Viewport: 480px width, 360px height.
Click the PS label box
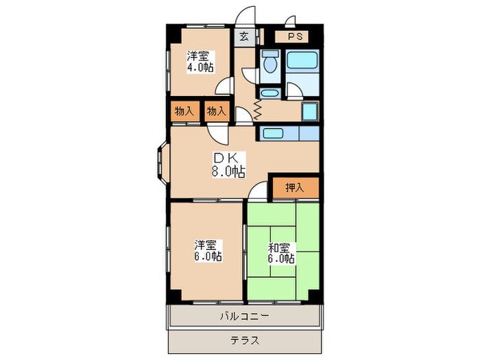click(x=291, y=36)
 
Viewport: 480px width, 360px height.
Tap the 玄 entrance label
click(x=244, y=37)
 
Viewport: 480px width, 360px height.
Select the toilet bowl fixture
click(x=270, y=62)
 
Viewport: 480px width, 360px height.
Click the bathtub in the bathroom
click(x=302, y=60)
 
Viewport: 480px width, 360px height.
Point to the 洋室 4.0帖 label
click(x=200, y=62)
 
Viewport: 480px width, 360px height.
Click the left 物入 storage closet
click(x=185, y=111)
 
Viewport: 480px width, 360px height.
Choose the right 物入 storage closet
click(x=217, y=111)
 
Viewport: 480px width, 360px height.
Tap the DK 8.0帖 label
click(x=229, y=165)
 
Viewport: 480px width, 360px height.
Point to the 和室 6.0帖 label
click(x=281, y=253)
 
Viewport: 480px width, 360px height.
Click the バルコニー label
click(x=245, y=316)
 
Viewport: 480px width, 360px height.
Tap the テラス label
click(x=245, y=340)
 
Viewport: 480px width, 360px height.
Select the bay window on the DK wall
click(x=163, y=163)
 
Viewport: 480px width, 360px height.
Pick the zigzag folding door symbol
click(x=257, y=109)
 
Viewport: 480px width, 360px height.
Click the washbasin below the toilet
click(x=269, y=93)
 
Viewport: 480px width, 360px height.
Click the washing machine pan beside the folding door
click(x=310, y=112)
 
